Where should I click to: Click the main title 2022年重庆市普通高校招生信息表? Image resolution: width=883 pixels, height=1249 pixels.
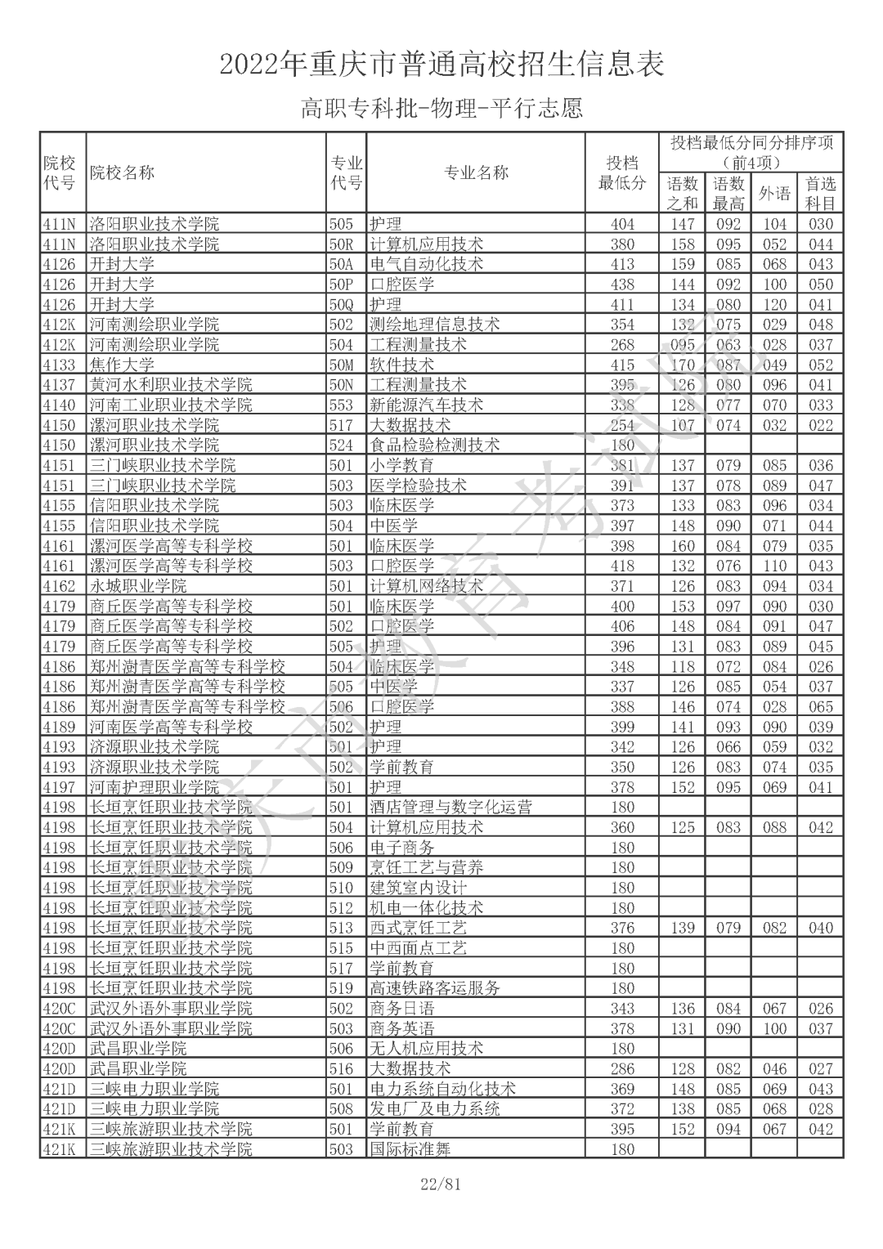click(x=441, y=64)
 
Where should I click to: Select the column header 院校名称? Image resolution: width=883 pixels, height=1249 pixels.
click(x=122, y=172)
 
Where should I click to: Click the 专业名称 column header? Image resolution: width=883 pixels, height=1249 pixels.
click(x=475, y=172)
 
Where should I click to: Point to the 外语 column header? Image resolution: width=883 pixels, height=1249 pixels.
click(x=774, y=194)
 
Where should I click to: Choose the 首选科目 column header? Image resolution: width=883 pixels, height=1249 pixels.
click(x=820, y=194)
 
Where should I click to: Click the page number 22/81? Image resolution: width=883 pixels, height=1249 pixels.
click(x=441, y=1184)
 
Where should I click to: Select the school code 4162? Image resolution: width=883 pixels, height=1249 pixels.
click(x=59, y=586)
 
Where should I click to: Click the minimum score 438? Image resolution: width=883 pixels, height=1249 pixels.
click(x=622, y=284)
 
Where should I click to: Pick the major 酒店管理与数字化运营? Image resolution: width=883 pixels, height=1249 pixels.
click(x=450, y=808)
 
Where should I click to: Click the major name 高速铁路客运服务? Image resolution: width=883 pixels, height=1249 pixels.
click(x=434, y=988)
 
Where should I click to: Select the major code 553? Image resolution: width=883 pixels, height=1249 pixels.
click(x=341, y=405)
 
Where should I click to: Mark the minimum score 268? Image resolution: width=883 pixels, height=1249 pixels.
click(x=622, y=344)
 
